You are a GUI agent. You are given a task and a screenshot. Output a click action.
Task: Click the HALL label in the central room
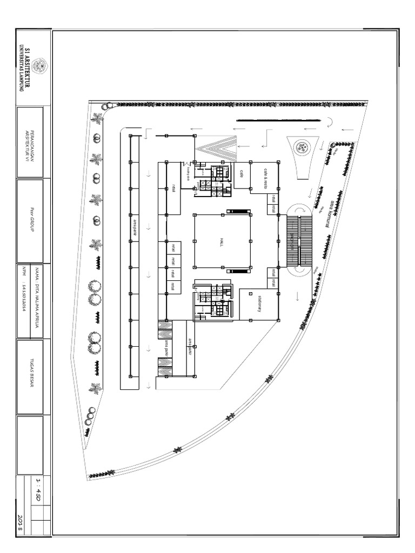tap(221, 241)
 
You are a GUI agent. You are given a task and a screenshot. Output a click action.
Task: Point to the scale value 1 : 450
tap(39, 489)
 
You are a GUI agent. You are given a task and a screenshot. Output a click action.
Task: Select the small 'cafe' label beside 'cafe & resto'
tap(242, 172)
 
